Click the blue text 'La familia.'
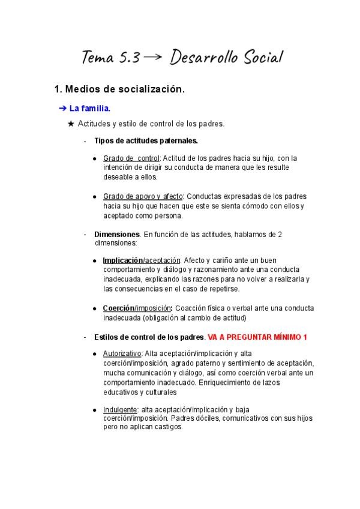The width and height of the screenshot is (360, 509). [x=90, y=109]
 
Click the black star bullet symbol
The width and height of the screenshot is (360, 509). [x=72, y=124]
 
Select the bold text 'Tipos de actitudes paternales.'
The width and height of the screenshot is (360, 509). [x=146, y=141]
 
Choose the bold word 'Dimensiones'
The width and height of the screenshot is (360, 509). [x=117, y=234]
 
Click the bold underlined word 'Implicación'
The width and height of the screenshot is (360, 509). [x=122, y=261]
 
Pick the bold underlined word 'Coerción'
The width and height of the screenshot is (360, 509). [x=118, y=308]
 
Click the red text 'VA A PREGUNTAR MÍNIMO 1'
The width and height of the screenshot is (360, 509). [x=257, y=337]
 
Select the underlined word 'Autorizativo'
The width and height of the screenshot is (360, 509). [x=122, y=354]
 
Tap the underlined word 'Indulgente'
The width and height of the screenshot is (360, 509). [x=120, y=409]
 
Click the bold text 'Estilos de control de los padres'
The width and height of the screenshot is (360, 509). [x=149, y=337]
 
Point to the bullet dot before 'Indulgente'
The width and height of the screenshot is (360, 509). [x=95, y=410]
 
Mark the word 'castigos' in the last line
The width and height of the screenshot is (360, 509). [x=167, y=427]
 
